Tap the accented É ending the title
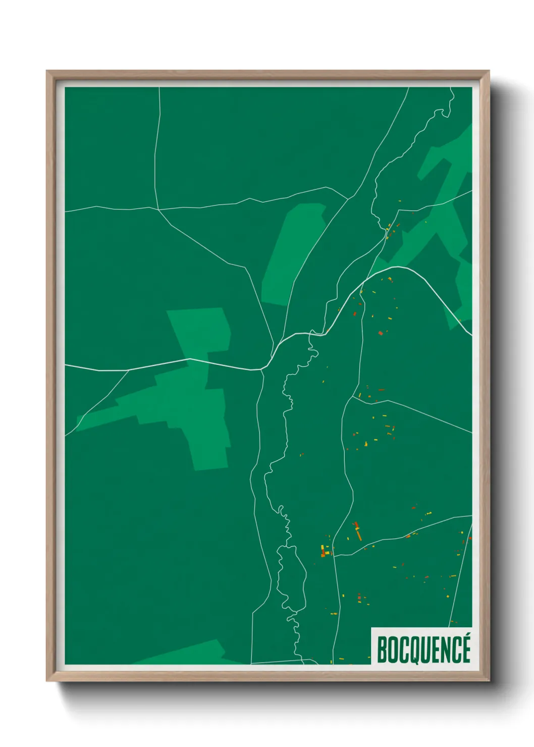[465, 650]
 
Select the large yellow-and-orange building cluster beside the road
[325, 551]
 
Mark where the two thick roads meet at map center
[264, 368]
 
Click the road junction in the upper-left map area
[158, 208]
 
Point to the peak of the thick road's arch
[399, 267]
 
